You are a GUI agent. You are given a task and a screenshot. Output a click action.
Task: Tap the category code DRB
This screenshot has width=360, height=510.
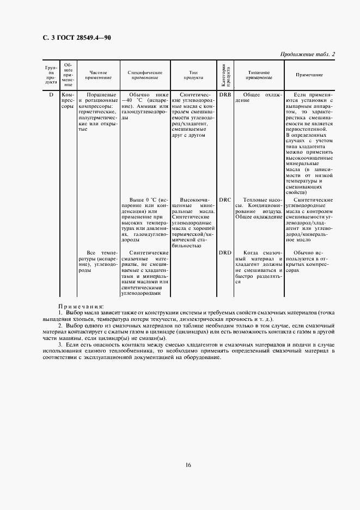coord(225,95)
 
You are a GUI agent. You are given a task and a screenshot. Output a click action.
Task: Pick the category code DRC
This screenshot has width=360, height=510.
coord(225,199)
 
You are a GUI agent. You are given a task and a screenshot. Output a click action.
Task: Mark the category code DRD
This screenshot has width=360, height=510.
coord(225,252)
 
